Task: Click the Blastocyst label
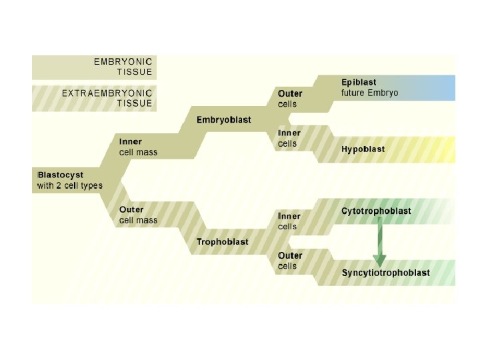point(60,175)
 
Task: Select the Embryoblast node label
point(223,120)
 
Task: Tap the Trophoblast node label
point(222,242)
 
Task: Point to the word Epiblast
point(359,82)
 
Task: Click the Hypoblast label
point(363,149)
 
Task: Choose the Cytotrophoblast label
point(376,211)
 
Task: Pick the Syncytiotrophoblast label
point(385,273)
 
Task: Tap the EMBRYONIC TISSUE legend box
point(94,67)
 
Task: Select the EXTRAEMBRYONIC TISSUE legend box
point(94,98)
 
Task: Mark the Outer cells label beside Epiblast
point(289,99)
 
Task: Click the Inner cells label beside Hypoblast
point(289,138)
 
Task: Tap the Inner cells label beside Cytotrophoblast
point(289,221)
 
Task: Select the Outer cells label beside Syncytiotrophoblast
point(289,261)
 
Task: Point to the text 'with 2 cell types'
point(70,185)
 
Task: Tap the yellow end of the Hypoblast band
point(443,149)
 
